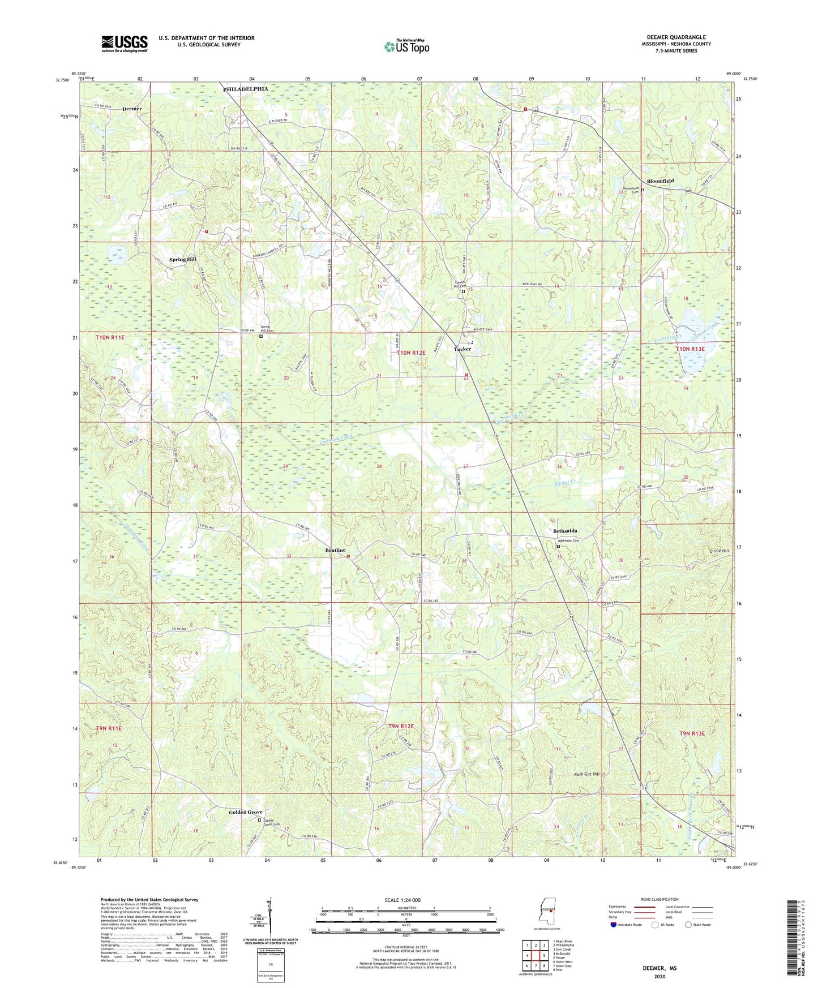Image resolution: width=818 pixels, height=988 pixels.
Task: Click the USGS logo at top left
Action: point(125,44)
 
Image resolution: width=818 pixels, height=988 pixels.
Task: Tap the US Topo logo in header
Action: point(406,46)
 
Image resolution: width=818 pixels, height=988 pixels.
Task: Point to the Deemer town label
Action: point(132,109)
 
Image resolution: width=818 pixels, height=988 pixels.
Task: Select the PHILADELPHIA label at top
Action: point(245,89)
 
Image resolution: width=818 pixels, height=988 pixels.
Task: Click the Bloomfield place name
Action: point(660,181)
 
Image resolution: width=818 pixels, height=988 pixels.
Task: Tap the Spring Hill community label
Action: point(182,259)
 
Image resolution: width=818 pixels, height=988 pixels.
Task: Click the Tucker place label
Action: point(462,349)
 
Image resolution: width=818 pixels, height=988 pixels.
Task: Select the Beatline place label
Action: point(335,550)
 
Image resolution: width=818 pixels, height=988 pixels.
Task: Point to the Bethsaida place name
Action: point(564,531)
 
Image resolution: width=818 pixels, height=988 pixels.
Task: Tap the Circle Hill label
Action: point(719,551)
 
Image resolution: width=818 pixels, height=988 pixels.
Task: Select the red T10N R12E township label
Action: point(411,353)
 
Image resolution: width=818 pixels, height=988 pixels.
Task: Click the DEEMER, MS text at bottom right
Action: point(659,968)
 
